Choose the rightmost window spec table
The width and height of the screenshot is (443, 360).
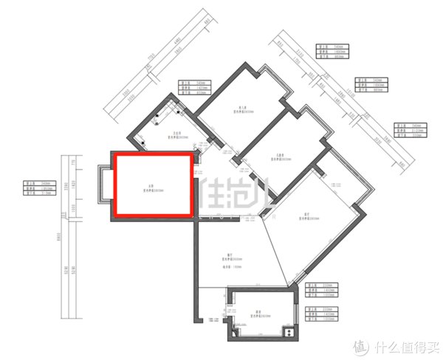pos(408,131)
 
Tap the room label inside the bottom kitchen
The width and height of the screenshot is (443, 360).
pos(256,315)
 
